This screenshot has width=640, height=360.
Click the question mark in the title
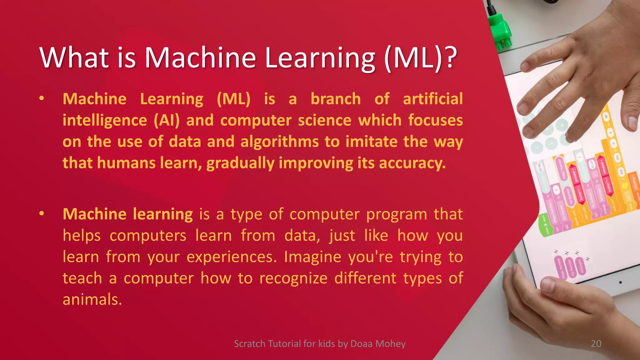450,58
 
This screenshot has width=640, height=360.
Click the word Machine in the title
200,58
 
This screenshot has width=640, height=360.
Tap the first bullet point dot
42,98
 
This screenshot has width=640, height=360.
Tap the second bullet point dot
42,214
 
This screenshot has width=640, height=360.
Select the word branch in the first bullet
336,99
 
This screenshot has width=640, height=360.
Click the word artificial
432,99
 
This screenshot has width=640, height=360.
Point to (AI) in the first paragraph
167,121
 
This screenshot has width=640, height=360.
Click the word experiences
232,257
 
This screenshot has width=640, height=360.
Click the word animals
92,300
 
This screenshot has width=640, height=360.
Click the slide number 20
596,344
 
